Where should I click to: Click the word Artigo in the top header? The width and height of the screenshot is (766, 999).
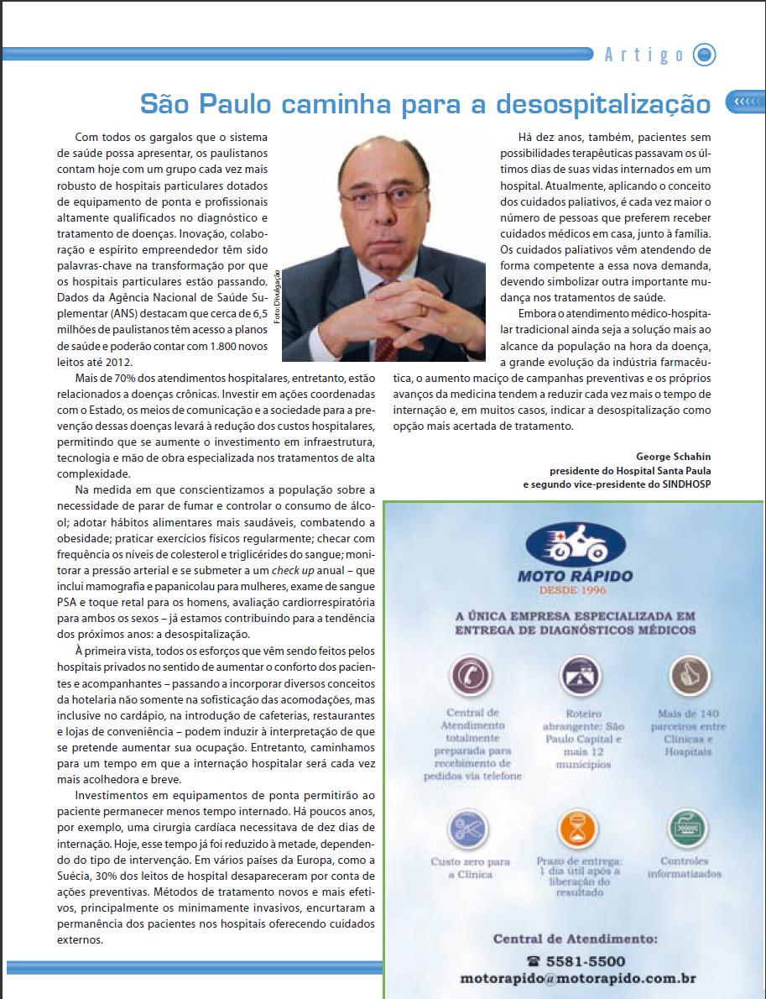(644, 55)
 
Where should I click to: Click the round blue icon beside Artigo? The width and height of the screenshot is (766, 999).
(705, 55)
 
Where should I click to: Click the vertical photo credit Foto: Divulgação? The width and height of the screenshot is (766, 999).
(275, 298)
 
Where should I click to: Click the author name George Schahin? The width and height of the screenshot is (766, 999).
(673, 457)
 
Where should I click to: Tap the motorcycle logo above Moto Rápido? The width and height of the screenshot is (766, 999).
(575, 543)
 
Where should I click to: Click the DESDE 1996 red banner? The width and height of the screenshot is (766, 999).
(574, 590)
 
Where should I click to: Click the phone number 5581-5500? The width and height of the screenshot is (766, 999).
(586, 961)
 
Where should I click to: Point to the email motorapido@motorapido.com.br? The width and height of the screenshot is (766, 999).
(578, 978)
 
